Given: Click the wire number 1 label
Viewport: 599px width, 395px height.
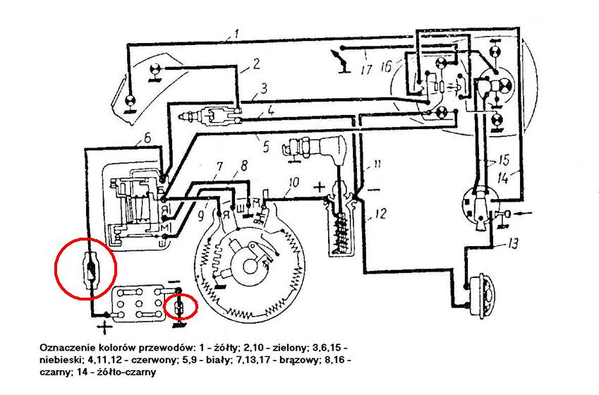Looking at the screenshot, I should click(237, 33).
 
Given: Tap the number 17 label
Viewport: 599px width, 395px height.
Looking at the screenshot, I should click(365, 70).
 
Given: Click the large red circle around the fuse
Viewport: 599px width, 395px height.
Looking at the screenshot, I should click(85, 269).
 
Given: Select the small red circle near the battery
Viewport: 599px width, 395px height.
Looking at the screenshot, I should click(180, 307).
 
